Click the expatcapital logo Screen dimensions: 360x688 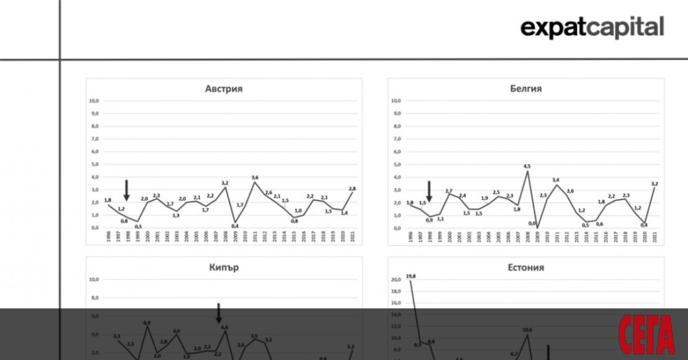(x=592, y=27)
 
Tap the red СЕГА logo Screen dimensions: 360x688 (x=646, y=335)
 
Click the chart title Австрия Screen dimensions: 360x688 (x=224, y=89)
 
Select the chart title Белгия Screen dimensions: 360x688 (x=526, y=89)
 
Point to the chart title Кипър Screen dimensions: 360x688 (x=224, y=268)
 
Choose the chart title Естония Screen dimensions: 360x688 (x=526, y=268)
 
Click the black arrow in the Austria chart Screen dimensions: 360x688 (x=127, y=190)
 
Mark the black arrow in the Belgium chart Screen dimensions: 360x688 (x=429, y=191)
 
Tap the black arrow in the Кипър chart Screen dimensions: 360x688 (x=218, y=313)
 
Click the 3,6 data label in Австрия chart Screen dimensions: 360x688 (x=255, y=177)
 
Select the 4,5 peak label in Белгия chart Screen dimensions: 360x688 (x=527, y=167)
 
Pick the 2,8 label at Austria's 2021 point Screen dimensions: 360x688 (x=351, y=189)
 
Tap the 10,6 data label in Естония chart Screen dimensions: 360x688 (x=527, y=330)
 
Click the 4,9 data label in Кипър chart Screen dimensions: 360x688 (x=147, y=322)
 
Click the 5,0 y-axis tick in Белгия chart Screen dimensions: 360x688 (x=395, y=165)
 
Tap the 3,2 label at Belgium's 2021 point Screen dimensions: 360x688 (x=654, y=184)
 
